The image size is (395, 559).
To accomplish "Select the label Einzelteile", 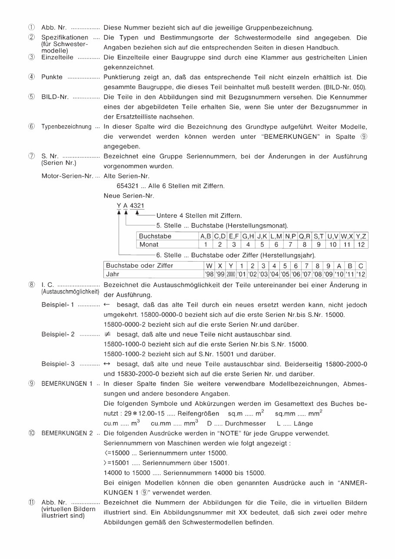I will click(57, 57).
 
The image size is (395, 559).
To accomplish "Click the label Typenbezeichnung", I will click(66, 127).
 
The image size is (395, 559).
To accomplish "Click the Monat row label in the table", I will click(149, 245).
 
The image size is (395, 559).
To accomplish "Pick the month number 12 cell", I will click(361, 245).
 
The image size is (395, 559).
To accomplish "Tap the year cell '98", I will click(209, 274).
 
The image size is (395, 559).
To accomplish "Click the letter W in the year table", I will click(209, 266).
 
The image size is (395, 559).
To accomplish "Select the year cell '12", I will click(361, 274).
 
